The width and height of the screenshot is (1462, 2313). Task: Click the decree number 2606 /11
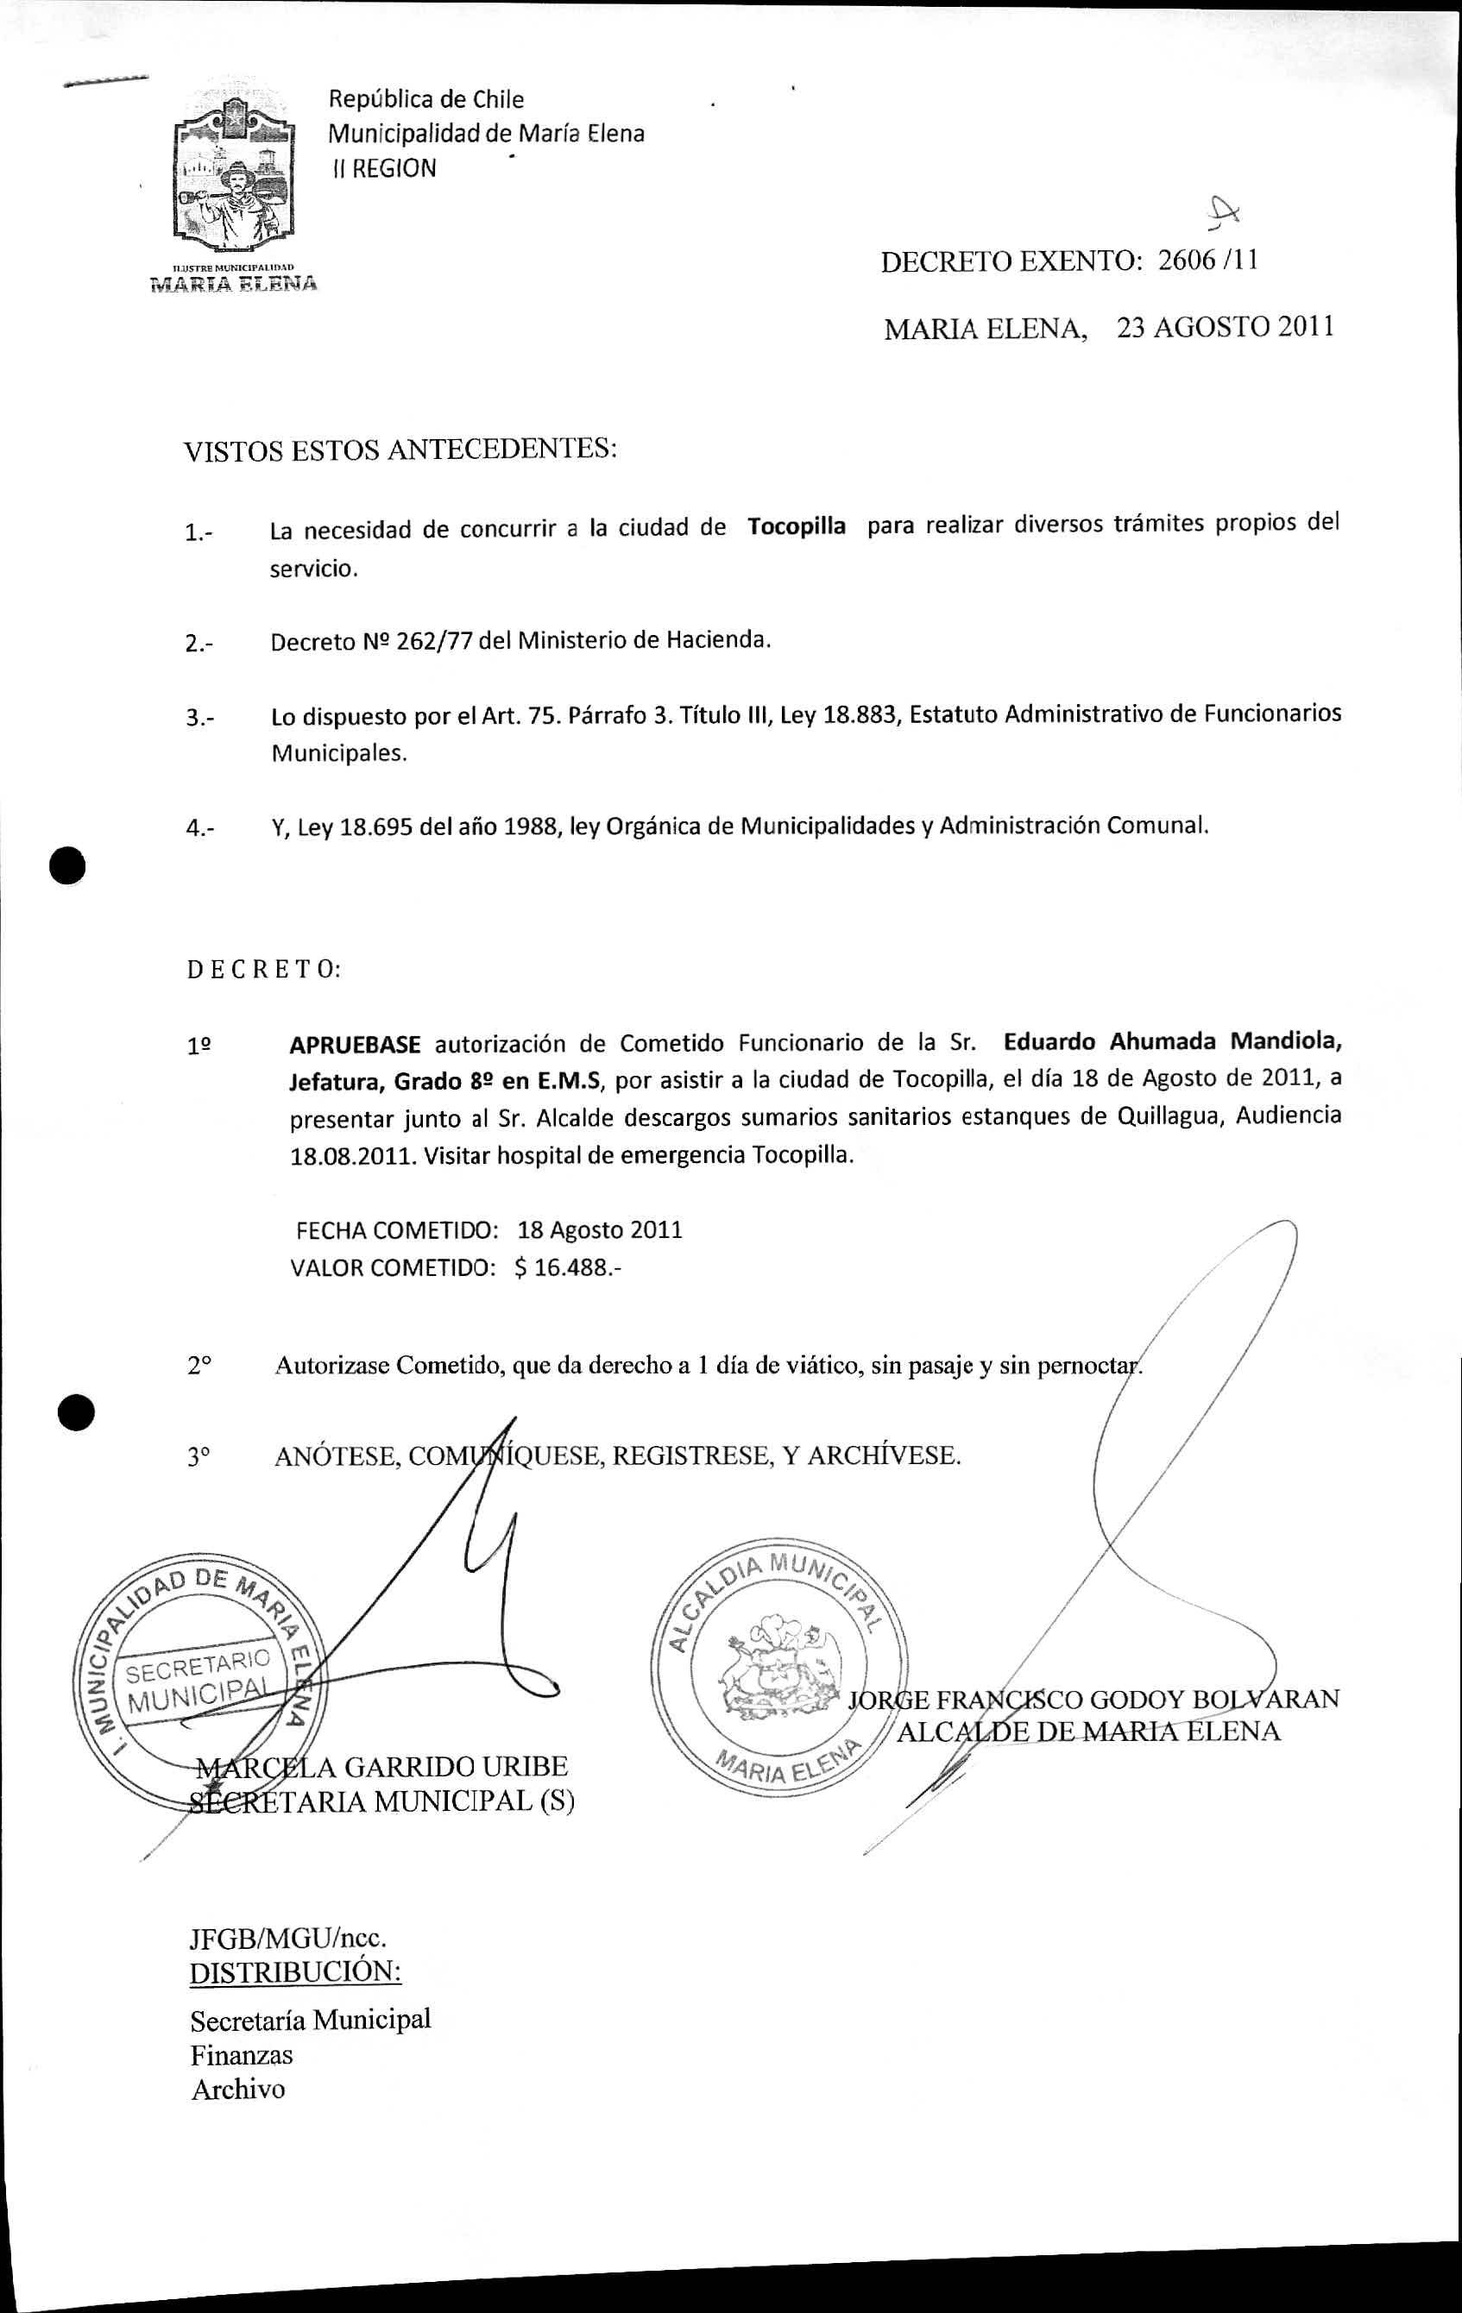click(1207, 261)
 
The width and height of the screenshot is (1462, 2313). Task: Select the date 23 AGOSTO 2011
click(1225, 328)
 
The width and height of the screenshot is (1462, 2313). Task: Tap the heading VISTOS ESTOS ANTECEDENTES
click(400, 449)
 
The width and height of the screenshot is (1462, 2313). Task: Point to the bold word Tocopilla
click(797, 526)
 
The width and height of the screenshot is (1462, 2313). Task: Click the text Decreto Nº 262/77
click(372, 642)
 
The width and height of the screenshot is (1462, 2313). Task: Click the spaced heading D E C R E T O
click(263, 969)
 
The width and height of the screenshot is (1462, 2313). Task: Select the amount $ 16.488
click(568, 1268)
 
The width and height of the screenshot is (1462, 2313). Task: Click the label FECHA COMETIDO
click(397, 1230)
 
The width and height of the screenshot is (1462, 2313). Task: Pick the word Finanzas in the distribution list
click(241, 2055)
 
